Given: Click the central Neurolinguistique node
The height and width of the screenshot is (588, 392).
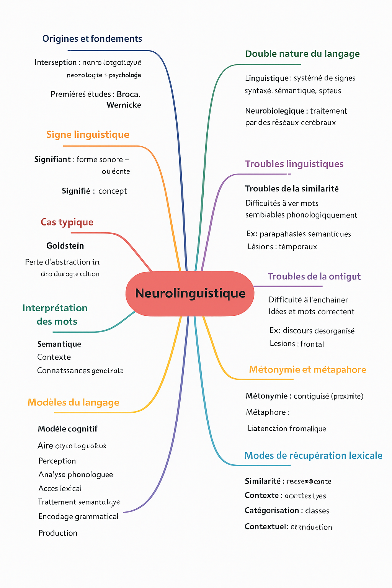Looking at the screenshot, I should pyautogui.click(x=190, y=293).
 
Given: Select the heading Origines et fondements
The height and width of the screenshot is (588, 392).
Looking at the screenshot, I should pyautogui.click(x=92, y=39).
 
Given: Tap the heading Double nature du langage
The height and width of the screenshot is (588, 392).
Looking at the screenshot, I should pyautogui.click(x=302, y=54).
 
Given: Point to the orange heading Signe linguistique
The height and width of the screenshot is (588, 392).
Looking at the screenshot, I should pyautogui.click(x=88, y=135).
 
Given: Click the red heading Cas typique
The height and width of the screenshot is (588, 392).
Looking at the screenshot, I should pyautogui.click(x=67, y=222).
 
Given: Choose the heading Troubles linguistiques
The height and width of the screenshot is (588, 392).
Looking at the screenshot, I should pyautogui.click(x=294, y=164).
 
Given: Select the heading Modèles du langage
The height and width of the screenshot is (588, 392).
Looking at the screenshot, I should pyautogui.click(x=73, y=402).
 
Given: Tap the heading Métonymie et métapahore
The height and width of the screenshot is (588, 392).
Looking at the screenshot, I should pyautogui.click(x=307, y=369).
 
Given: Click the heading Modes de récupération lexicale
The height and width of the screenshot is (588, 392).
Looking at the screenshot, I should pyautogui.click(x=313, y=456).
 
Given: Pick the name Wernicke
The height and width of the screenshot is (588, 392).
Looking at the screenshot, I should pyautogui.click(x=124, y=105).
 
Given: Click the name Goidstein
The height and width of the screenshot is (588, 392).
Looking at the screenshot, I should pyautogui.click(x=65, y=246).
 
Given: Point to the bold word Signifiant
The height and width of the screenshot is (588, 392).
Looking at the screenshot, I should pyautogui.click(x=52, y=159).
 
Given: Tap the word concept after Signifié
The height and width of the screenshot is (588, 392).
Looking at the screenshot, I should pyautogui.click(x=113, y=191).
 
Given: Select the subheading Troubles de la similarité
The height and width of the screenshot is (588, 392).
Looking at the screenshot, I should pyautogui.click(x=292, y=189).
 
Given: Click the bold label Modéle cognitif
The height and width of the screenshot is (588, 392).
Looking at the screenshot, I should pyautogui.click(x=68, y=429).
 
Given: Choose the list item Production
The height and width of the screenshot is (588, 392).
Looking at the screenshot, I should pyautogui.click(x=58, y=533).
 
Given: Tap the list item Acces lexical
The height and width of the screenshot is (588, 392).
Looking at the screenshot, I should pyautogui.click(x=60, y=488).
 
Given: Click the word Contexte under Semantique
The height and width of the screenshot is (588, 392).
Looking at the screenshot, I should pyautogui.click(x=54, y=357).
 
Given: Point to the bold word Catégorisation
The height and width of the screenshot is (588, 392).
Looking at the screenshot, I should pyautogui.click(x=272, y=511).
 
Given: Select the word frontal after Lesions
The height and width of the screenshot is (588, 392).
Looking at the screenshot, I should pyautogui.click(x=312, y=344).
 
